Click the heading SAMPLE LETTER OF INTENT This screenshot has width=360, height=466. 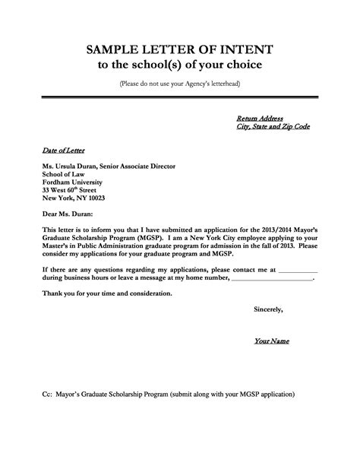(180, 50)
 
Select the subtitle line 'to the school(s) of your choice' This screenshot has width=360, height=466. (180, 65)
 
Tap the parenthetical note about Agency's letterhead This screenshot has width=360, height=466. (180, 83)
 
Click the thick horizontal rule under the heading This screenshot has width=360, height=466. (180, 97)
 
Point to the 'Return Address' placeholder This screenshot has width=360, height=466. (260, 119)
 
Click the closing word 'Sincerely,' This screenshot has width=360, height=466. (269, 309)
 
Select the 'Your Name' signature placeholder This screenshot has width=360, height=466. (271, 341)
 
